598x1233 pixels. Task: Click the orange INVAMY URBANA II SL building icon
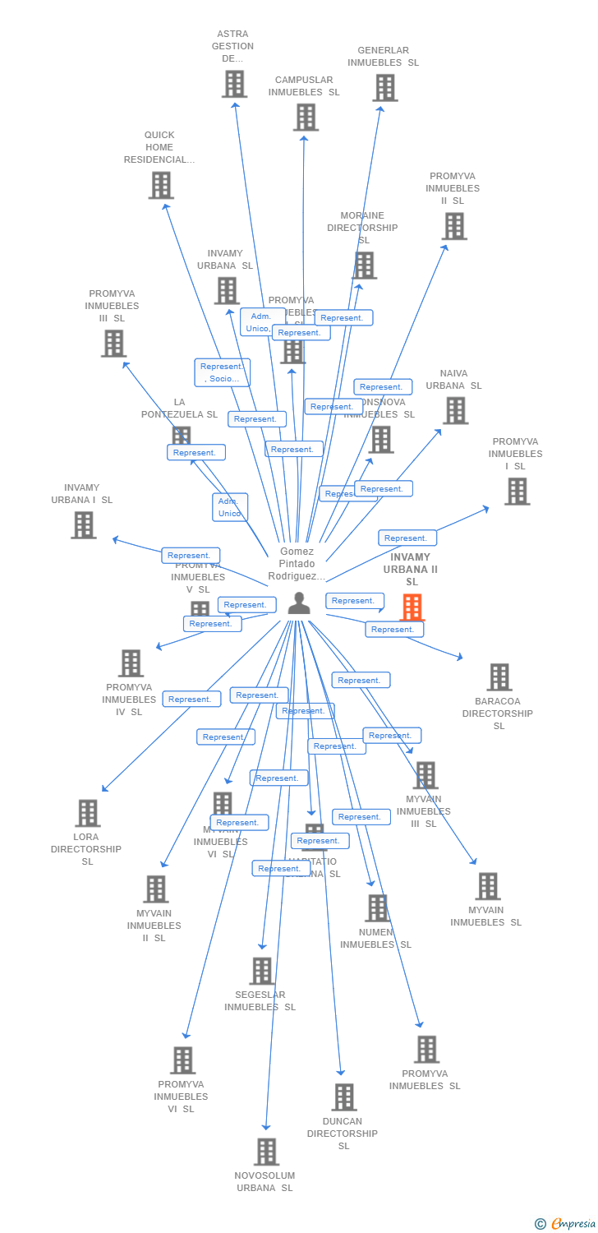coord(412,607)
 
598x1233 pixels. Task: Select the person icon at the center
coord(299,603)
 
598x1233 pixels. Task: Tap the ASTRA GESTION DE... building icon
coord(234,84)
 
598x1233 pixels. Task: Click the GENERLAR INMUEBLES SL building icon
coord(384,87)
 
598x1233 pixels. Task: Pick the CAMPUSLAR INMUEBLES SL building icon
coord(306,117)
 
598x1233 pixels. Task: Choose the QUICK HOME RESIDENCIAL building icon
coord(161,185)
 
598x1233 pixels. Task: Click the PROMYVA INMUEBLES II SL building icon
coord(453,226)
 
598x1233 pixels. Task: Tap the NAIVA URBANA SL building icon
coord(455,410)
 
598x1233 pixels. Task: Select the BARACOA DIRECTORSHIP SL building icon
coord(499,677)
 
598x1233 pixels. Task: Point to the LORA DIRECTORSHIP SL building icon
coord(87,813)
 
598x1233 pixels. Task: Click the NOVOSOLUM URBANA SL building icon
coord(266,1152)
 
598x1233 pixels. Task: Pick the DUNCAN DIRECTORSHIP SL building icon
coord(343,1097)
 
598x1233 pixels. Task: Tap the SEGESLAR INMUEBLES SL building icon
coord(261,971)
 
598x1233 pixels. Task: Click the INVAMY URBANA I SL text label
coord(82,493)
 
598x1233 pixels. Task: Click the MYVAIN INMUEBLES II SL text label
coord(154,926)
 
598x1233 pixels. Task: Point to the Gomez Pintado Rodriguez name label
coord(297,564)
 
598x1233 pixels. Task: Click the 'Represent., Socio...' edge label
coord(222,372)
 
